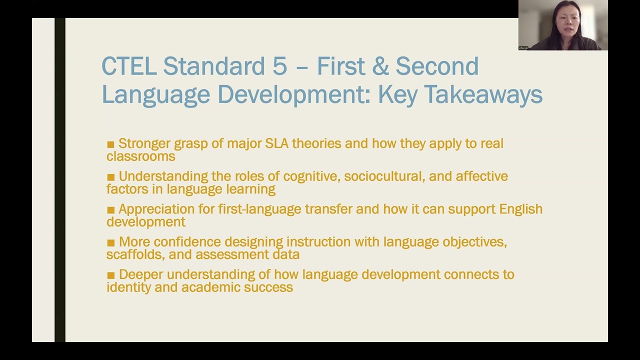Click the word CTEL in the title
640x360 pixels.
click(x=129, y=66)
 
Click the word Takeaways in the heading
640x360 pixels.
click(x=485, y=94)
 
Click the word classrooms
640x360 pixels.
click(x=140, y=156)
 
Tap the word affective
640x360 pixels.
click(x=481, y=176)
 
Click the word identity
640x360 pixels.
click(x=129, y=287)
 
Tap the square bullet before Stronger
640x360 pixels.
click(x=110, y=144)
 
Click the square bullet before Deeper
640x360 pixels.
click(x=110, y=275)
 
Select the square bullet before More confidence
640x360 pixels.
click(x=110, y=242)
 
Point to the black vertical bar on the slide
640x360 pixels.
click(x=60, y=180)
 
